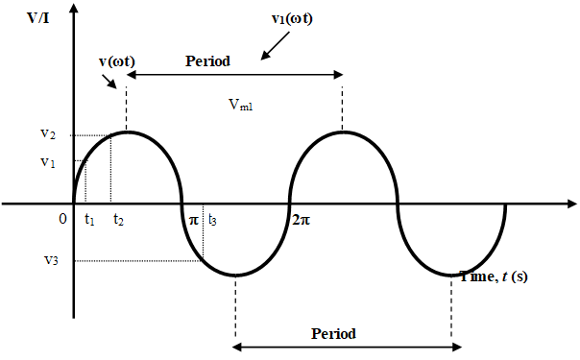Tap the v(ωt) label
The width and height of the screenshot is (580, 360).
coord(116,64)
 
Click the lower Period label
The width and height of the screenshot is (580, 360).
coord(334,334)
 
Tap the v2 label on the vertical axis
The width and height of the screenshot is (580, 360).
coord(48,135)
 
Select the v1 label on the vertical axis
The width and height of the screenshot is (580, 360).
coord(48,162)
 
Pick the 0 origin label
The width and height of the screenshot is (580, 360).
coord(63,219)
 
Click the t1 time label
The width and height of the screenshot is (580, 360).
coord(89,220)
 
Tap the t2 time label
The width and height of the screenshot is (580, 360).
coord(118,220)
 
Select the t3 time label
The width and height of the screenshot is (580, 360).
coord(212,220)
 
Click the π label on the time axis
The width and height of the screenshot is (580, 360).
coord(193,220)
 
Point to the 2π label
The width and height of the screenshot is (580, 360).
coord(301,220)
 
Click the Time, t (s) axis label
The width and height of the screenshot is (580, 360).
coord(494,276)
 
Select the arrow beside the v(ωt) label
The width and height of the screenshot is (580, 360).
coord(113,82)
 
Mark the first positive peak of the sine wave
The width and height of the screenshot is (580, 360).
coord(127,132)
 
